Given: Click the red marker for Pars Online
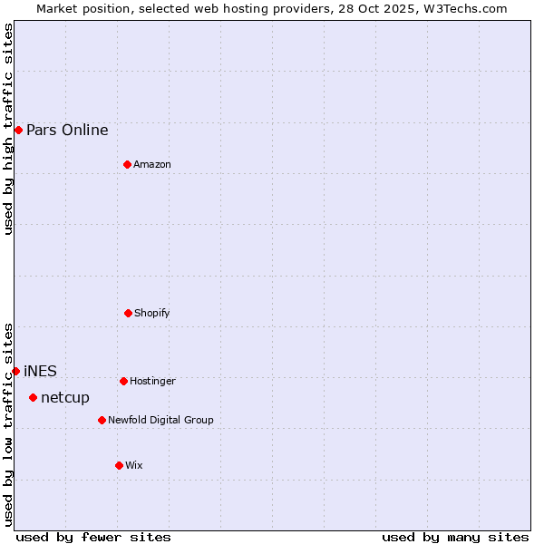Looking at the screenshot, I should click(18, 130).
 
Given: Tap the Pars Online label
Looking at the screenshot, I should click(67, 130).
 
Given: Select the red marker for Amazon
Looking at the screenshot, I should click(127, 164).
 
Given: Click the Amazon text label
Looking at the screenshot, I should click(152, 164).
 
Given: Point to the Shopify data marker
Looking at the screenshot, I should click(128, 313).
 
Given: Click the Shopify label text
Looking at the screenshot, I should click(152, 313).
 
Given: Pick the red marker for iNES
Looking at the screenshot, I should click(15, 371).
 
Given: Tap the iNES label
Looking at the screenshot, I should click(40, 371).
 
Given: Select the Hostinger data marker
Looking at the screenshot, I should click(123, 381).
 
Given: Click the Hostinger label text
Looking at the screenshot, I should click(152, 381).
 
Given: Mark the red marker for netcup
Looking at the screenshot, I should click(33, 397).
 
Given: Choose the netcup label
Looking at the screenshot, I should click(65, 397).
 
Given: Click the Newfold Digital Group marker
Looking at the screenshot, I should click(102, 420).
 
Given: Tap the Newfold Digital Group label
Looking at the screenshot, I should click(160, 420).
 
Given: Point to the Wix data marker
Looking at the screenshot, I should click(119, 465).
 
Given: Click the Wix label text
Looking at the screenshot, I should click(134, 465).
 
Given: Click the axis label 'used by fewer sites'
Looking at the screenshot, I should click(93, 537).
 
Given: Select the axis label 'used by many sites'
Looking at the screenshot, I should click(455, 537).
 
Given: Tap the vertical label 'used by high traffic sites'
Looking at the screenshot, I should click(8, 130).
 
